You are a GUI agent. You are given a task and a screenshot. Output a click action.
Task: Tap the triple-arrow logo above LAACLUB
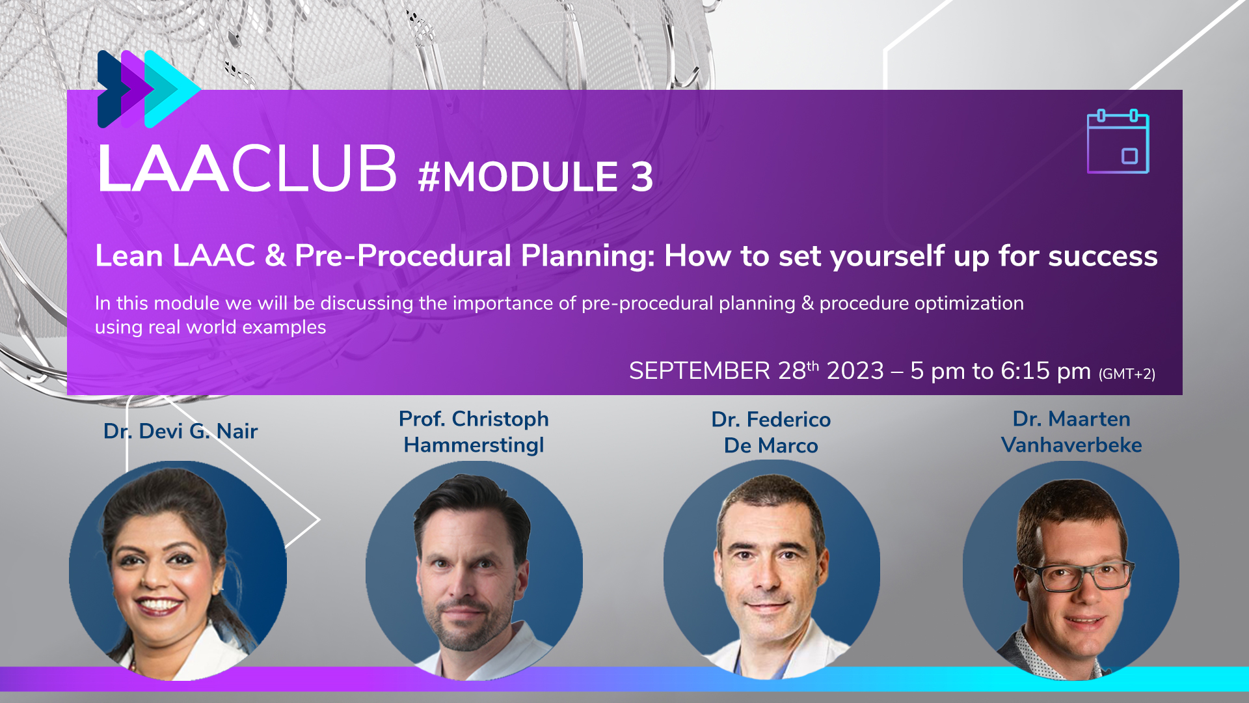point(148,89)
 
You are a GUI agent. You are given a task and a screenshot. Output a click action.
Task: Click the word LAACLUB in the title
point(247,169)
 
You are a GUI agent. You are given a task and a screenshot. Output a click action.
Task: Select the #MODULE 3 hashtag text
point(535,176)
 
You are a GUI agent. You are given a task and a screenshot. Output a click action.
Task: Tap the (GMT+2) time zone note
point(1127,374)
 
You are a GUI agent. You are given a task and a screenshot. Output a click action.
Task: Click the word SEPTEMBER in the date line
point(699,371)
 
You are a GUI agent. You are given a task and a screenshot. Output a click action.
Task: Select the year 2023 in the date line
point(855,371)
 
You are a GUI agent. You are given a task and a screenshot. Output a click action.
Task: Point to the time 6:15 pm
point(1045,371)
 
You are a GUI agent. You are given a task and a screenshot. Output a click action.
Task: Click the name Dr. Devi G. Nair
point(180,431)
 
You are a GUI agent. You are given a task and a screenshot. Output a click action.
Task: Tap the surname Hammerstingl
point(474,445)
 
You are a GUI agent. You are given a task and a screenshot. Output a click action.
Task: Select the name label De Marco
point(771,446)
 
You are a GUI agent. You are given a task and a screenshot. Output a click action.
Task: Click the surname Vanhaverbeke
point(1071,445)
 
